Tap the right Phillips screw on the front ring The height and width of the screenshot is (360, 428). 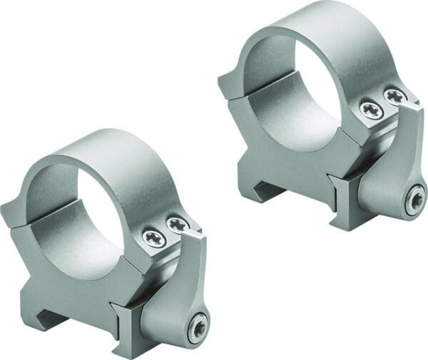point(175,227)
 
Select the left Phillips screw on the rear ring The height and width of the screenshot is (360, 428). point(370,109)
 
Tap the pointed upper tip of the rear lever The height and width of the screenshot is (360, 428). point(417,104)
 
